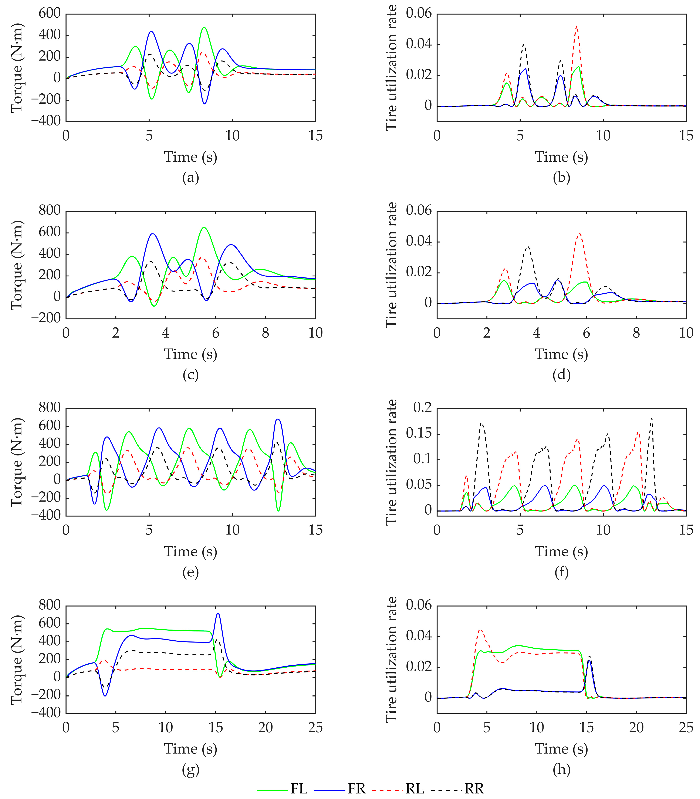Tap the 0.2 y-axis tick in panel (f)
(423, 408)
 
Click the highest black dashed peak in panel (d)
(528, 247)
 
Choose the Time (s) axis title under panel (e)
(191, 551)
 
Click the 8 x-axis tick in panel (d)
(636, 333)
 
